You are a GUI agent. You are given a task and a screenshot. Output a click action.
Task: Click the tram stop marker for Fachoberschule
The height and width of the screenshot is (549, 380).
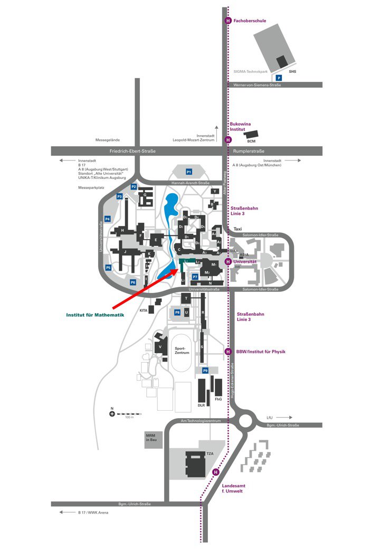click(228, 21)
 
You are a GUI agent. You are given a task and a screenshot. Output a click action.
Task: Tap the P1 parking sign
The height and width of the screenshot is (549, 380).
click(188, 172)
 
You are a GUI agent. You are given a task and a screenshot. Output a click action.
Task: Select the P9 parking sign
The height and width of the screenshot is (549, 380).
click(205, 371)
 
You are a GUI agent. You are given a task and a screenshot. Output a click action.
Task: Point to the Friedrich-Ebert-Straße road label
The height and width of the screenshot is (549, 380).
click(132, 152)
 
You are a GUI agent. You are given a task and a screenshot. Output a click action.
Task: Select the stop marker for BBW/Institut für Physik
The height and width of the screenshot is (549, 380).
click(228, 352)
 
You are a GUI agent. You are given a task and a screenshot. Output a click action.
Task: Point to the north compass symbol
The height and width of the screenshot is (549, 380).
click(112, 414)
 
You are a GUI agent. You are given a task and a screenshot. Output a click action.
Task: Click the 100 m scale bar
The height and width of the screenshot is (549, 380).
click(127, 414)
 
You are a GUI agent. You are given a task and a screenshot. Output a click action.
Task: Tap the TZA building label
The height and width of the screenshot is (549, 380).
click(210, 453)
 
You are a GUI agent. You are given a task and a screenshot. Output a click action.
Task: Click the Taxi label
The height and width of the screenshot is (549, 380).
click(237, 229)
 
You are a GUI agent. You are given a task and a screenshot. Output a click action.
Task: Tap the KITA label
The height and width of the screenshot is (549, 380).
click(143, 310)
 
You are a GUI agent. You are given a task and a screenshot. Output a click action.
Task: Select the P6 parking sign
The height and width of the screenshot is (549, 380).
click(133, 282)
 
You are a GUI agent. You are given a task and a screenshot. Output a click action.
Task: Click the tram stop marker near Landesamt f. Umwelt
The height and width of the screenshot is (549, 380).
click(215, 472)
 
